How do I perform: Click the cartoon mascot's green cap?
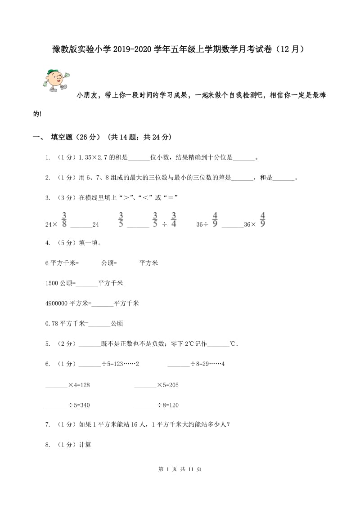[x=53, y=71]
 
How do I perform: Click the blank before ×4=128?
[x=57, y=385]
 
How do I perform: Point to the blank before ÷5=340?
[x=57, y=405]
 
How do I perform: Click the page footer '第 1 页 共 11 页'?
[x=180, y=469]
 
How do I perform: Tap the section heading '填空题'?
[x=65, y=137]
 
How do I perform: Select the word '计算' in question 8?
[x=85, y=445]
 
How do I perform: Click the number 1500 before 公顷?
[x=52, y=283]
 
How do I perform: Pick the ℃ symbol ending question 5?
[x=233, y=344]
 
